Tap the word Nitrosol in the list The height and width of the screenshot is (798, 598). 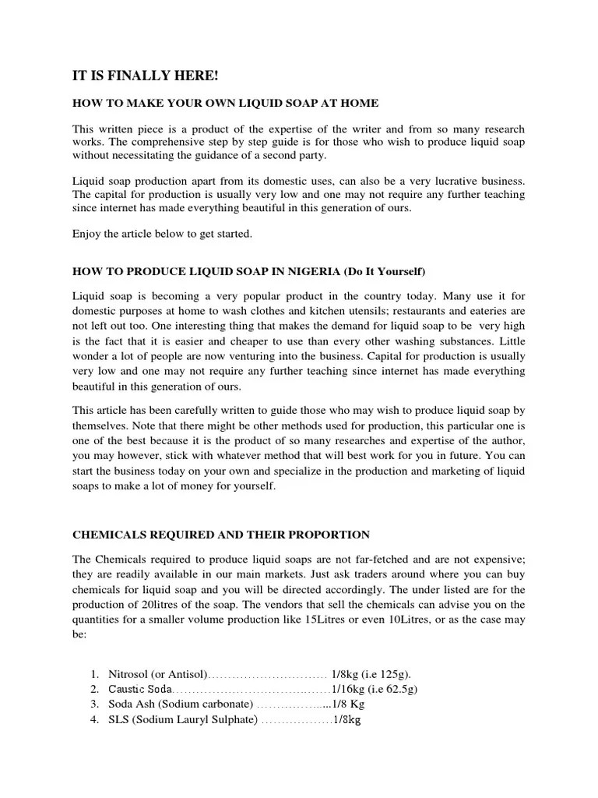pyautogui.click(x=130, y=673)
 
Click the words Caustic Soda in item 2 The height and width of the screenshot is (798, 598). pyautogui.click(x=140, y=689)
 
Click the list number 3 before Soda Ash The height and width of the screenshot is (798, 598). pyautogui.click(x=93, y=704)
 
